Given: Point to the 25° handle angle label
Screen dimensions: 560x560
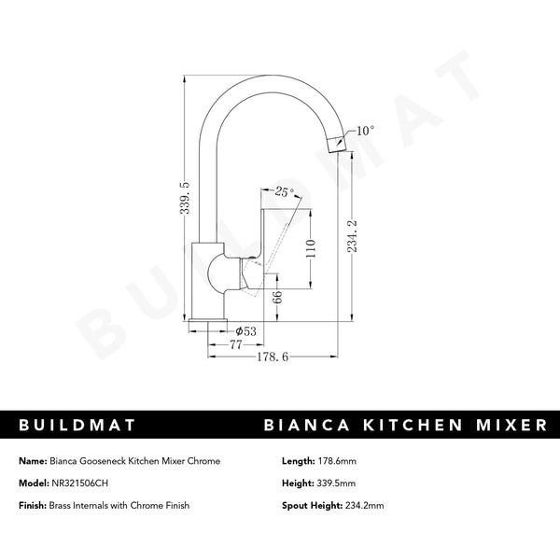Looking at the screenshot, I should (x=284, y=192).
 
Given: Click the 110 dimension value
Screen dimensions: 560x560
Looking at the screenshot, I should (x=312, y=249).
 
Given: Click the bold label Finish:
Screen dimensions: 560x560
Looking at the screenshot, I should (x=35, y=505).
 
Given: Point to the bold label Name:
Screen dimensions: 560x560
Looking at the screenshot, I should (x=33, y=460).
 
